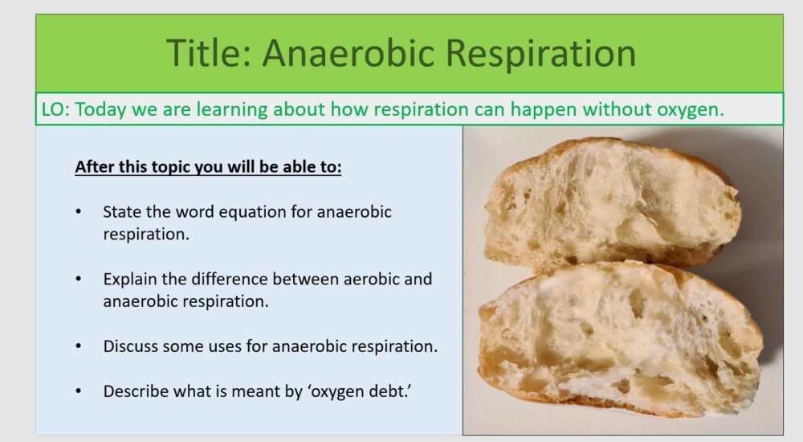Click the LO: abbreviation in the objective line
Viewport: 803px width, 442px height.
point(55,109)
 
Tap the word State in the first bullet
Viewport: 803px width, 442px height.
point(121,211)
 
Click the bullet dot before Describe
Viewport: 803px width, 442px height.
point(78,391)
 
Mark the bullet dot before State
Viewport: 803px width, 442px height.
point(78,211)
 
